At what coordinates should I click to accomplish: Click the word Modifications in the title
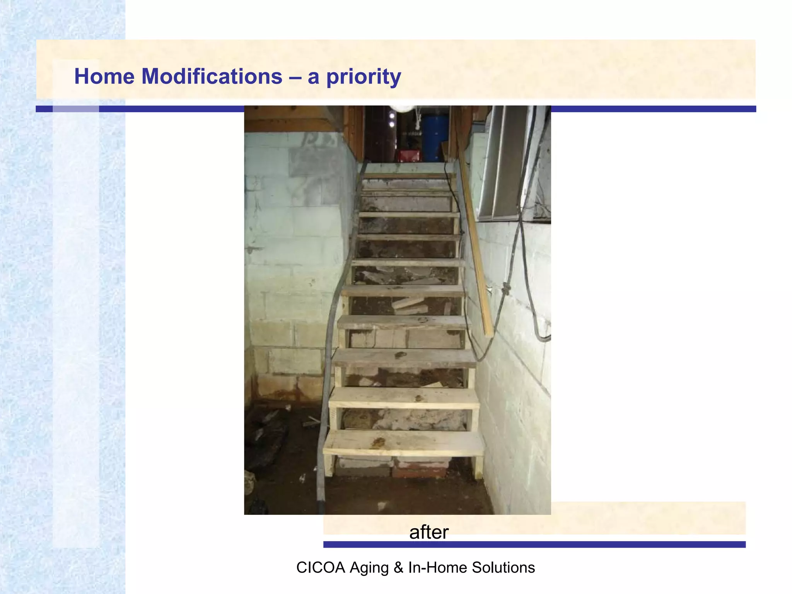(x=212, y=76)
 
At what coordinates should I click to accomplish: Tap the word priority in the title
(x=363, y=77)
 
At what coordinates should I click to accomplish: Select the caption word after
(x=428, y=532)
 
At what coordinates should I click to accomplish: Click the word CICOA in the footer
(x=320, y=568)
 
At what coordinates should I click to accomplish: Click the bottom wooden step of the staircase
(x=403, y=443)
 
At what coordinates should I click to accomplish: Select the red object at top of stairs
(x=409, y=155)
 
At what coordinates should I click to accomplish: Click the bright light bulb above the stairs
(x=402, y=108)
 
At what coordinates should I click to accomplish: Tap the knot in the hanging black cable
(x=506, y=288)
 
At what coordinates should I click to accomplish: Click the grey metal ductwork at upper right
(x=503, y=162)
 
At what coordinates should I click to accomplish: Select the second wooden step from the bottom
(x=403, y=398)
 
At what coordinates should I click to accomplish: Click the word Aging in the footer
(x=369, y=568)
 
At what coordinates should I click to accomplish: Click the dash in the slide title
(x=295, y=77)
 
